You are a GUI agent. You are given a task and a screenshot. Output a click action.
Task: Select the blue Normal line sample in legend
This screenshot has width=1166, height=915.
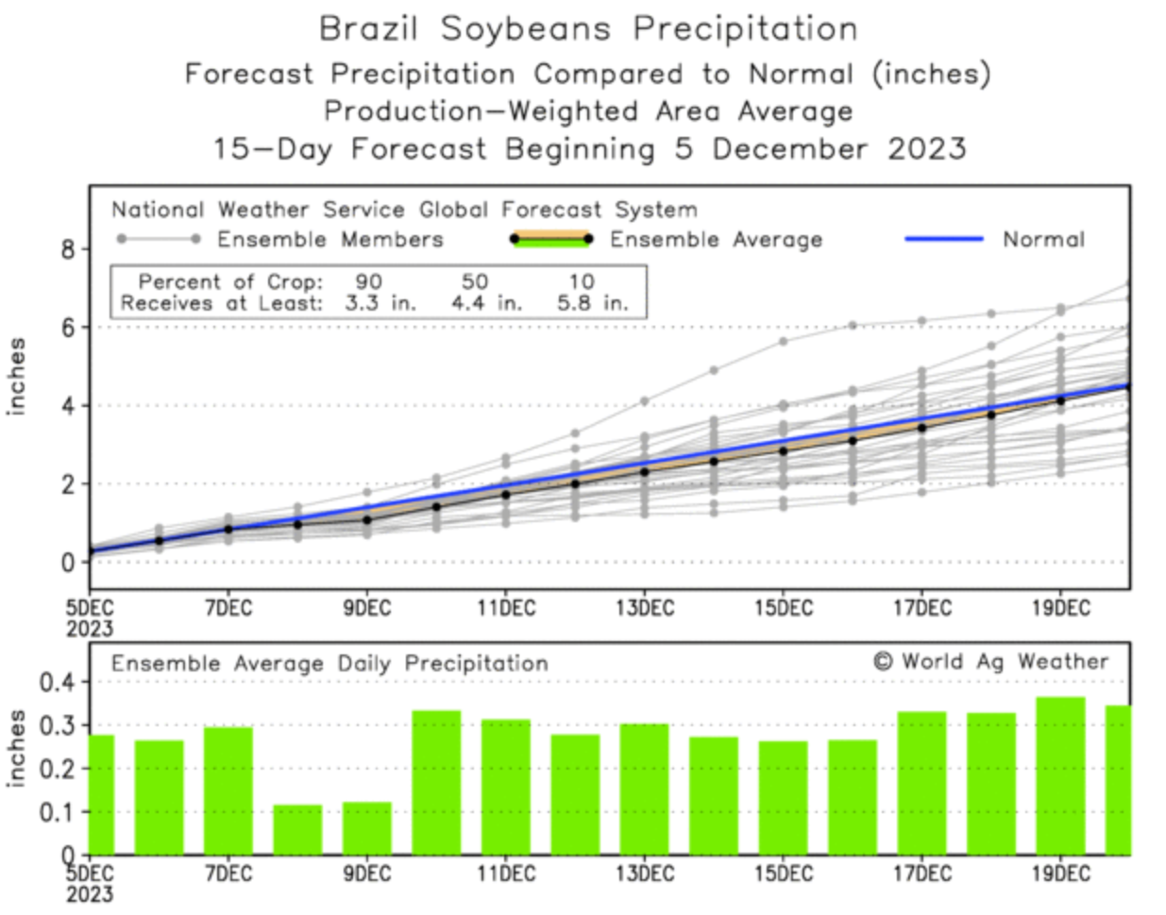pos(943,239)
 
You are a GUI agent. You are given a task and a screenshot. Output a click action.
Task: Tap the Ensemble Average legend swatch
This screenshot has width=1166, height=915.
pos(550,239)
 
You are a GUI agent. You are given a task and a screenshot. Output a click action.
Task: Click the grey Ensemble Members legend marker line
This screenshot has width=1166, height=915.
pos(158,239)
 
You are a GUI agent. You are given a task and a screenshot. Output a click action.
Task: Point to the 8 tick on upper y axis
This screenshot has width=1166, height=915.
pos(68,249)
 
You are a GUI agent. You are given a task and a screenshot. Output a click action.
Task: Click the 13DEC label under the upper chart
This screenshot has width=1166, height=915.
pos(645,608)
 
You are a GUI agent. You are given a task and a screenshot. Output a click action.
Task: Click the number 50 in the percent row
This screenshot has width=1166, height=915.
pos(474,281)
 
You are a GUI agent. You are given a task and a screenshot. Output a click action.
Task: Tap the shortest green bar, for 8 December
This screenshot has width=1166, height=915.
pos(297,830)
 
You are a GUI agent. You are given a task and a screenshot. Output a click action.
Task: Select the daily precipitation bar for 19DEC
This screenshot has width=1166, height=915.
pos(1060,776)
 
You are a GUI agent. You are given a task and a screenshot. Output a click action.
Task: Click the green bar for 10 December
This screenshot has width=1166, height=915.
pos(436,783)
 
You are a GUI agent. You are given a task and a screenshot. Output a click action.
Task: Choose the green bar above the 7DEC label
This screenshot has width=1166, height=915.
pos(228,790)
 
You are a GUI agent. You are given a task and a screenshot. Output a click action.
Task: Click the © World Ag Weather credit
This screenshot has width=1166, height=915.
pos(990,662)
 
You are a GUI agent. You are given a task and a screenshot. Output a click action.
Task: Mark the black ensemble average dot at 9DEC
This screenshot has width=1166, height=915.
pos(367,519)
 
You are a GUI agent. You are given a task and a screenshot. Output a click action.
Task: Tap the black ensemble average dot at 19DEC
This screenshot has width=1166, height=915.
pos(1060,400)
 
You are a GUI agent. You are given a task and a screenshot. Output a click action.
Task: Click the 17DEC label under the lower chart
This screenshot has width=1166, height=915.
pos(921,873)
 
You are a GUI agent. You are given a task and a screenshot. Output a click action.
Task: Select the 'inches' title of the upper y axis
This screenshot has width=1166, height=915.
pos(16,376)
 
